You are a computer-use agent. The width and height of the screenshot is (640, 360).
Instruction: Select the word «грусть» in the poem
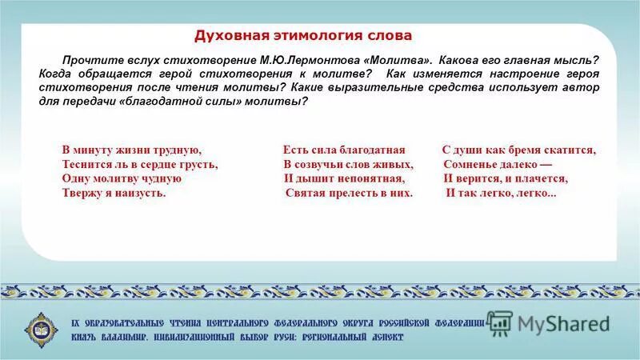point(197,165)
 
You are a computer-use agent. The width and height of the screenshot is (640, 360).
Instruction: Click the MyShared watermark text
point(563,323)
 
